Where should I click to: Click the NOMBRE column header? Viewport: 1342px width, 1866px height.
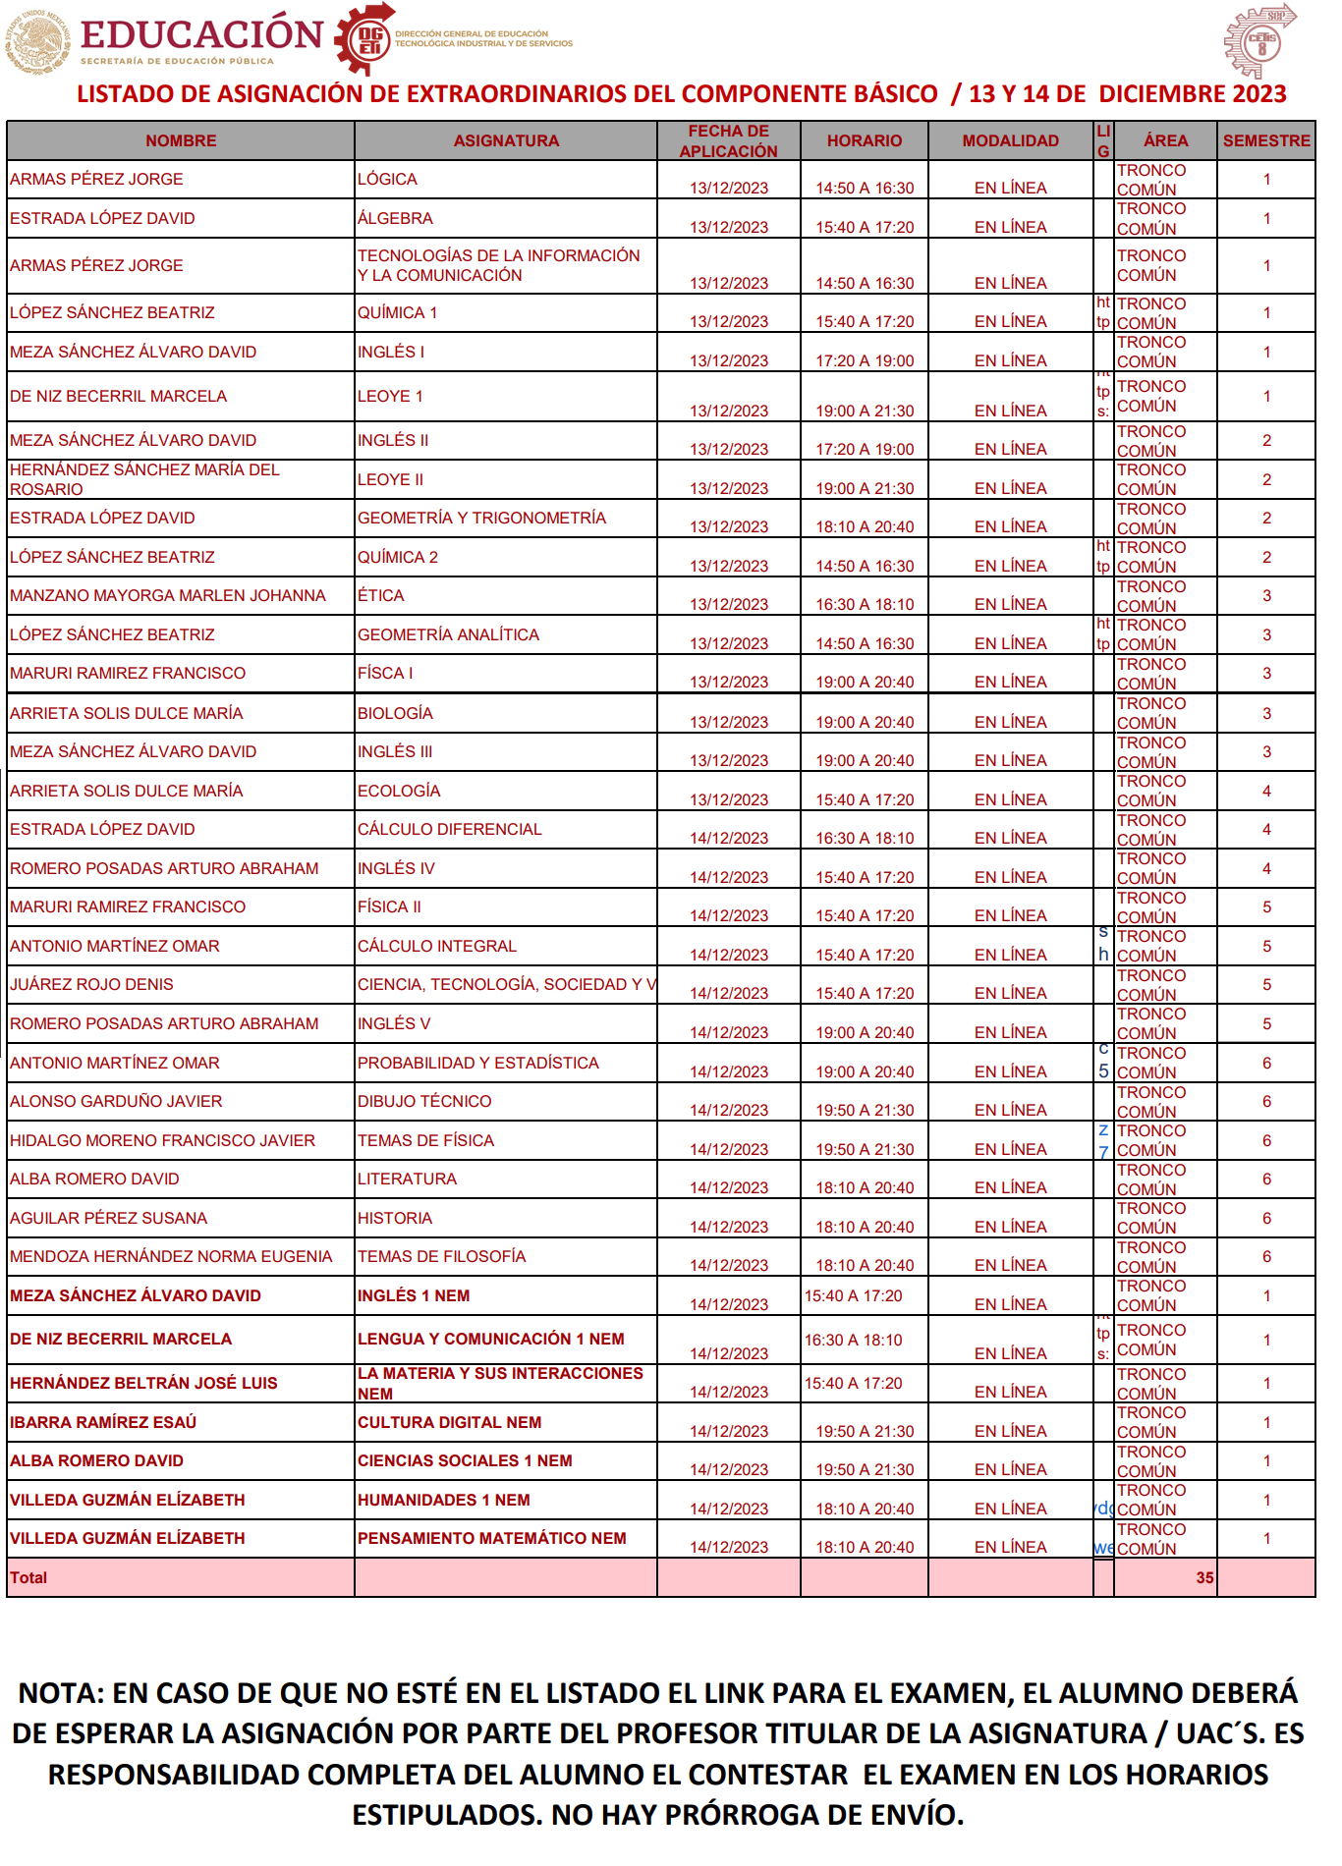coord(181,140)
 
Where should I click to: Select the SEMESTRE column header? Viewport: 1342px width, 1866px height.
coord(1266,140)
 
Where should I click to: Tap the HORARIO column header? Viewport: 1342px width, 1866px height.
coord(864,140)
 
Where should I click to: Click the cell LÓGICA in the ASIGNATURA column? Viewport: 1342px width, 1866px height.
coord(387,179)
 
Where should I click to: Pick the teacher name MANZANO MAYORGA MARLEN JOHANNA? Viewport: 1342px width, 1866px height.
coord(168,595)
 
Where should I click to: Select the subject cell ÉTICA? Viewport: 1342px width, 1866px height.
coord(381,595)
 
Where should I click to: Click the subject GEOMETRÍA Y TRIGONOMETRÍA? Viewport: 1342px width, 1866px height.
coord(481,518)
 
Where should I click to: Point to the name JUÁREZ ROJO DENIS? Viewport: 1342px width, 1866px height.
coord(91,984)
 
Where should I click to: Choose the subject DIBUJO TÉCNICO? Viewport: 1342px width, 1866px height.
coord(424,1101)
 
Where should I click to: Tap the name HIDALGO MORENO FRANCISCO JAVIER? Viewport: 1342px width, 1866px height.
coord(163,1140)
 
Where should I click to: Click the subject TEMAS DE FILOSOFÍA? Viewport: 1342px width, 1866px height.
coord(441,1256)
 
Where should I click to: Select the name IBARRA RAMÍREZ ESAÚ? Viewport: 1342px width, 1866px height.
coord(103,1422)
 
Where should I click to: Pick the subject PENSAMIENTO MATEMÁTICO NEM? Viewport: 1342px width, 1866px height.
coord(491,1538)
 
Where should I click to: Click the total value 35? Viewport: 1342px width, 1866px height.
coord(1204,1577)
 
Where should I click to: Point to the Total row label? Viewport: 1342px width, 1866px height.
coord(28,1577)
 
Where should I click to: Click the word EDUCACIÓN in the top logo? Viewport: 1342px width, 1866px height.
coord(201,33)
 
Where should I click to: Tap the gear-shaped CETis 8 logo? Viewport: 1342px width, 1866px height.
coord(1260,42)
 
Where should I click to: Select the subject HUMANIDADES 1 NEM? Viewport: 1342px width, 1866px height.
coord(443,1500)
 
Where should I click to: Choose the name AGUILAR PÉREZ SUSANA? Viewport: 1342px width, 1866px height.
coord(108,1218)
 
